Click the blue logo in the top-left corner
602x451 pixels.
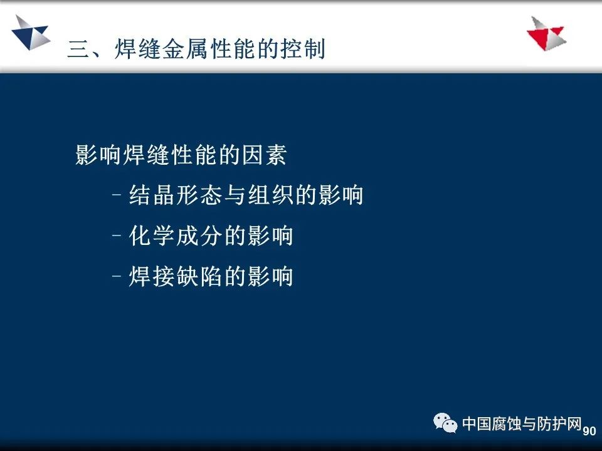point(31,33)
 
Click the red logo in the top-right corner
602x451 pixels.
point(547,34)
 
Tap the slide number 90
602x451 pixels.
point(589,431)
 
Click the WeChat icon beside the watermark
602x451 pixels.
point(445,423)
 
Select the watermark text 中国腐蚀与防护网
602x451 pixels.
point(522,423)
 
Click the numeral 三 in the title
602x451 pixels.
point(79,49)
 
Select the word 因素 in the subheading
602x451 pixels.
point(264,155)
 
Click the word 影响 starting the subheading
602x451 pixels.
point(98,155)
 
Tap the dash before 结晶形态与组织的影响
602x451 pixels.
point(117,194)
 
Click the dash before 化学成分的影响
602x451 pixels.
point(117,235)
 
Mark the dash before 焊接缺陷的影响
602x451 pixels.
point(117,276)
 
